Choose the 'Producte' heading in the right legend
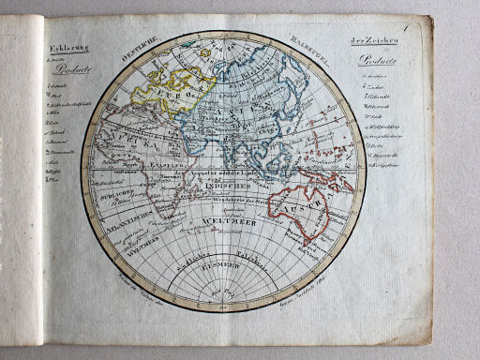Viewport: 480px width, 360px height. point(378,62)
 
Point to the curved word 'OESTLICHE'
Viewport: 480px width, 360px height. point(141,52)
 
